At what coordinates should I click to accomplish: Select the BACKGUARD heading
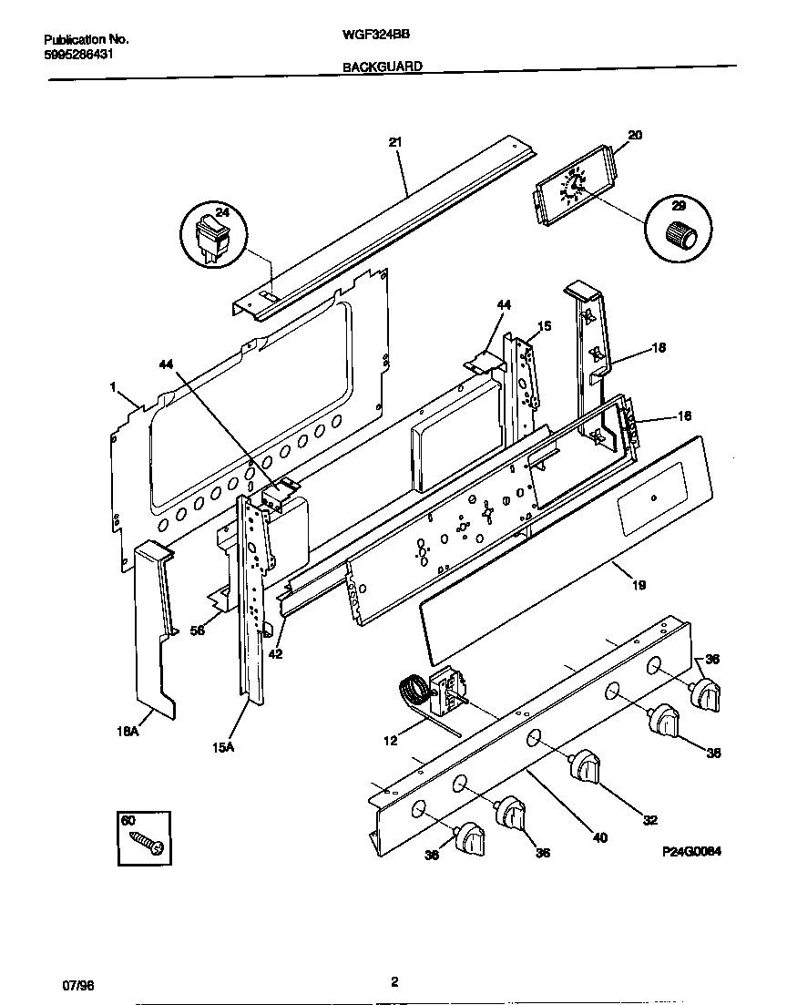click(383, 67)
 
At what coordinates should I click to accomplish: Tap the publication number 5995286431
click(78, 54)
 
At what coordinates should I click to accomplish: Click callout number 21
click(394, 142)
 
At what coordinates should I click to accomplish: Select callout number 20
click(635, 135)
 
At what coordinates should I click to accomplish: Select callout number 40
click(598, 837)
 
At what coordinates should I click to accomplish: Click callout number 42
click(275, 652)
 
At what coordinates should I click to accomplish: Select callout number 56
click(196, 630)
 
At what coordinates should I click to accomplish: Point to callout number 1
click(114, 387)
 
